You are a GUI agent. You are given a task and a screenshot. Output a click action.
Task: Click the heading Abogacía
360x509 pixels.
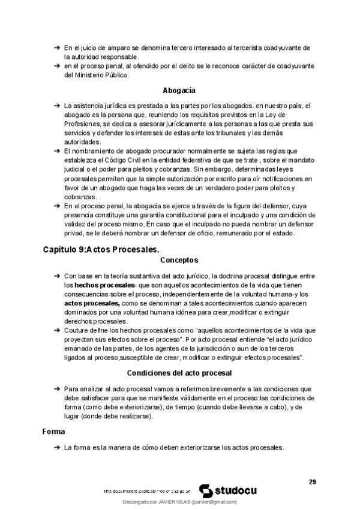coord(179,91)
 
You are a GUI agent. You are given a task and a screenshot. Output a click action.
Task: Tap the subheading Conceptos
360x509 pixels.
coord(179,261)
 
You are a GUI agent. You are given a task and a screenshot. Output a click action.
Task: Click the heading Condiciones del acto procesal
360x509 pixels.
coord(179,373)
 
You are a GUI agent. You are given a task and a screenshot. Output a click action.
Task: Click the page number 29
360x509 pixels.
coord(313,481)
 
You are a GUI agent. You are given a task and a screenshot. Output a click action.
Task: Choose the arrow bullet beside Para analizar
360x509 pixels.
coord(56,388)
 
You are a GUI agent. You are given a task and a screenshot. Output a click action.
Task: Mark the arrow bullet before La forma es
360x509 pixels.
coord(56,448)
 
